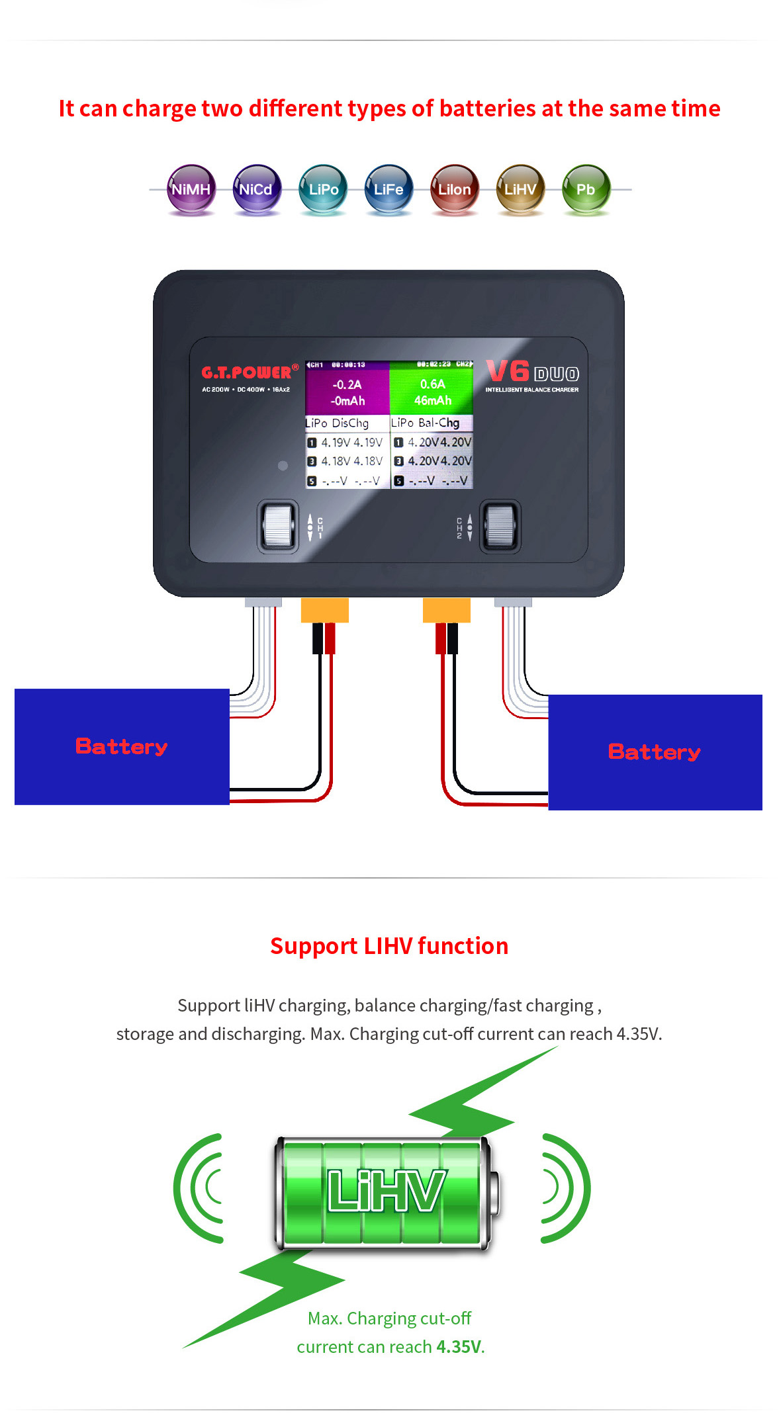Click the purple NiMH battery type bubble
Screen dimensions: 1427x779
(191, 189)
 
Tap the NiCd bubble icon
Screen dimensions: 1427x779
(256, 189)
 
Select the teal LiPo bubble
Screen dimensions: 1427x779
(323, 189)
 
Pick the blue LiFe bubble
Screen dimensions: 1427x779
(389, 189)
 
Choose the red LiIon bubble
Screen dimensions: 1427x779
(454, 189)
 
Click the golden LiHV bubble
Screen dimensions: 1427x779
(520, 189)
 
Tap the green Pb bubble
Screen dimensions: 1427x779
(586, 189)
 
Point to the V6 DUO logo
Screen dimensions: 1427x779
(531, 372)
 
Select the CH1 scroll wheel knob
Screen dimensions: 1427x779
(278, 527)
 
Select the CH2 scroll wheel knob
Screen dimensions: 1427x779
(500, 527)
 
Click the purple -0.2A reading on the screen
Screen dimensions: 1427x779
(347, 384)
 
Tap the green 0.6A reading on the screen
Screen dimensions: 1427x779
(432, 384)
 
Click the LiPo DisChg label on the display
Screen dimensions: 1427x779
(337, 423)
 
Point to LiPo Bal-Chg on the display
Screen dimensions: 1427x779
(425, 422)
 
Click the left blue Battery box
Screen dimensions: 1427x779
(122, 746)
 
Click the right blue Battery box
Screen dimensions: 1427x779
(655, 752)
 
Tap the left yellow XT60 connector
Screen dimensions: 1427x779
(324, 609)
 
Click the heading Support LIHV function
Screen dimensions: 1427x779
(389, 946)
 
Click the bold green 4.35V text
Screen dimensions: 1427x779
(459, 1347)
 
